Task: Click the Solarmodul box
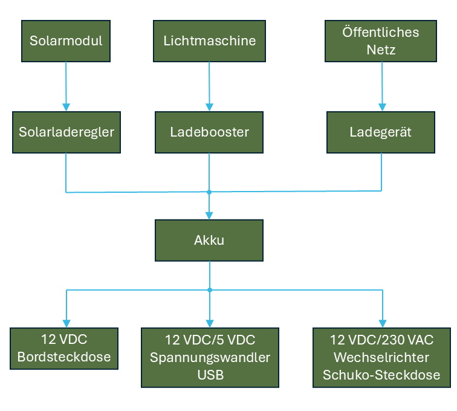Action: point(66,41)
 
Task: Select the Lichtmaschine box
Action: point(209,41)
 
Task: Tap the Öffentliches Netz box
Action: point(381,41)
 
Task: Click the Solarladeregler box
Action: point(66,132)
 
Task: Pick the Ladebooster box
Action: point(209,132)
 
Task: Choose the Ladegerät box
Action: point(381,132)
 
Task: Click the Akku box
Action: point(209,241)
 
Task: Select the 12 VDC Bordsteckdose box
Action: point(64,348)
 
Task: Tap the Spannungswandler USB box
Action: point(210,357)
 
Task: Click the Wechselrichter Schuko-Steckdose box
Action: point(381,357)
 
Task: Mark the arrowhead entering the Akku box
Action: point(209,215)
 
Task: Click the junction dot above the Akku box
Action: point(209,192)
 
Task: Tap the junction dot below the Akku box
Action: point(209,290)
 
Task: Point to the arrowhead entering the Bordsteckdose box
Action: point(66,323)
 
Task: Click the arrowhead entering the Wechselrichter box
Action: point(381,323)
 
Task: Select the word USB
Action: point(210,375)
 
